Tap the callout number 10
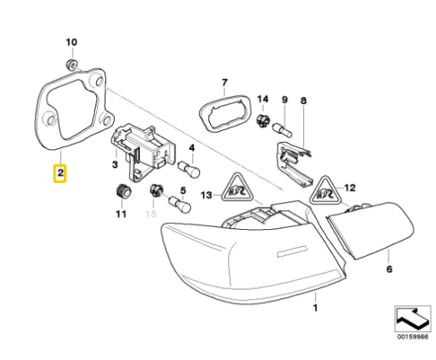(73, 42)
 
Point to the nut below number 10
(72, 65)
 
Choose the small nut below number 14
(261, 119)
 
